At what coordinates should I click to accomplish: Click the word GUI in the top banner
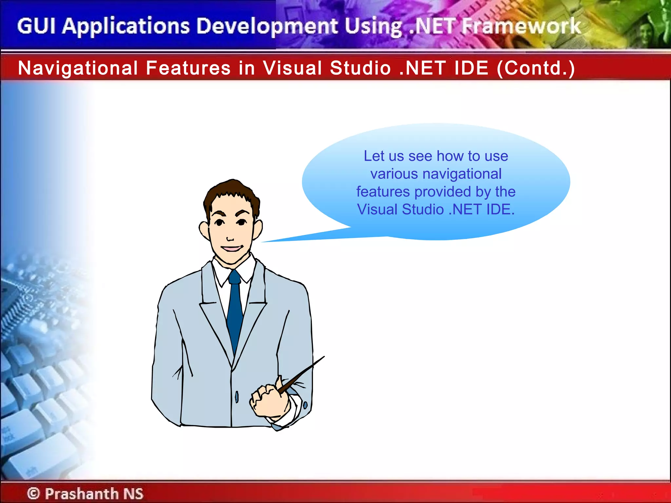click(x=36, y=26)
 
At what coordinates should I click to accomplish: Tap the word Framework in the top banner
click(x=521, y=26)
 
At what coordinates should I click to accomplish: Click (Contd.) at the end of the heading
click(x=536, y=68)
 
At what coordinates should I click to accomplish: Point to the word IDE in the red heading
click(x=471, y=68)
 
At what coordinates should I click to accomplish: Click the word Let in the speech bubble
click(x=374, y=156)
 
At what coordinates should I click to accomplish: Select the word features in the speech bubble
click(x=382, y=192)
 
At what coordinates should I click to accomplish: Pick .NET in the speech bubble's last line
click(x=465, y=210)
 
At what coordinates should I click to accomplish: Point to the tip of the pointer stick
click(x=323, y=357)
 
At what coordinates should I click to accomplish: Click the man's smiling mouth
click(x=232, y=249)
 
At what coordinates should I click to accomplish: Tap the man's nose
click(x=230, y=238)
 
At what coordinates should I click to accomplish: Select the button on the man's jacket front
click(x=237, y=397)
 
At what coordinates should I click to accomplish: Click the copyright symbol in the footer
click(x=33, y=493)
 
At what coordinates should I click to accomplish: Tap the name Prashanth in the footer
click(x=81, y=494)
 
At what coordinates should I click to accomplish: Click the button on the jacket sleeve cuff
click(x=305, y=405)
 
